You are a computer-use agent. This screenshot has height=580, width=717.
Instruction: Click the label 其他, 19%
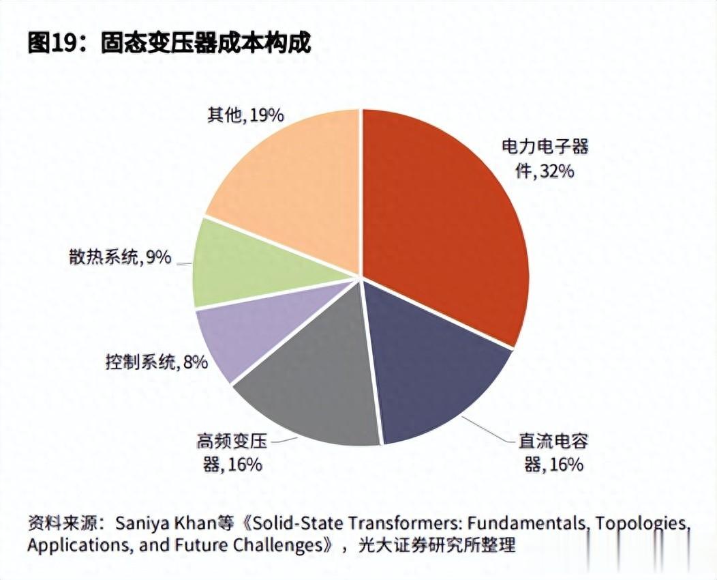(x=245, y=115)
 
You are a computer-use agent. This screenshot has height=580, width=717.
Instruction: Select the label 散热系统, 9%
(x=119, y=257)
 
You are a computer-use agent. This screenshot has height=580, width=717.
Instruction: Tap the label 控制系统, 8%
(x=156, y=362)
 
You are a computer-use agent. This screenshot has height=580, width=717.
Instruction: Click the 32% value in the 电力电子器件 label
(x=555, y=171)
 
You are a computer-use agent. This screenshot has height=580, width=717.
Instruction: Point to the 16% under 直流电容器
(x=564, y=465)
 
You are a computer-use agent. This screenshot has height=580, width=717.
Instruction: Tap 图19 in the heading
(x=54, y=43)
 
